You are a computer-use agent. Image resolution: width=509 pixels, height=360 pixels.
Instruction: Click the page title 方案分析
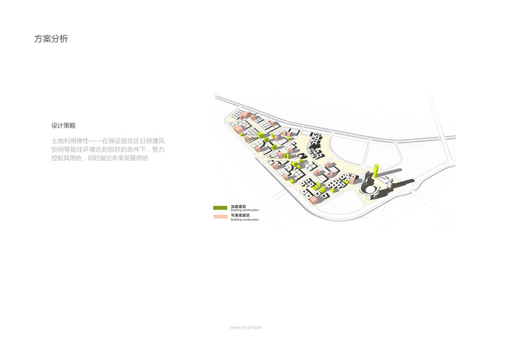[51, 39]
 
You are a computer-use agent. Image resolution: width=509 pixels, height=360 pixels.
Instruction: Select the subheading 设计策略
[64, 126]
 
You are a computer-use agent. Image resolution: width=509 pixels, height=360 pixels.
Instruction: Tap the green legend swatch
[220, 208]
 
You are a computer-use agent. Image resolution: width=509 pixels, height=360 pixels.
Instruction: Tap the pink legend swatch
[220, 216]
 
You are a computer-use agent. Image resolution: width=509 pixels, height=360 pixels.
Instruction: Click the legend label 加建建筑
[238, 206]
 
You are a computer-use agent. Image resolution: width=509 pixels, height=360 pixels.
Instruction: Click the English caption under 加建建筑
[245, 211]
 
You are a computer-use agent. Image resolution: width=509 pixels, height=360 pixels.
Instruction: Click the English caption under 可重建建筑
[245, 220]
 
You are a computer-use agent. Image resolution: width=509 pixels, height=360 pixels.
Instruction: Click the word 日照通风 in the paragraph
[152, 140]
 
